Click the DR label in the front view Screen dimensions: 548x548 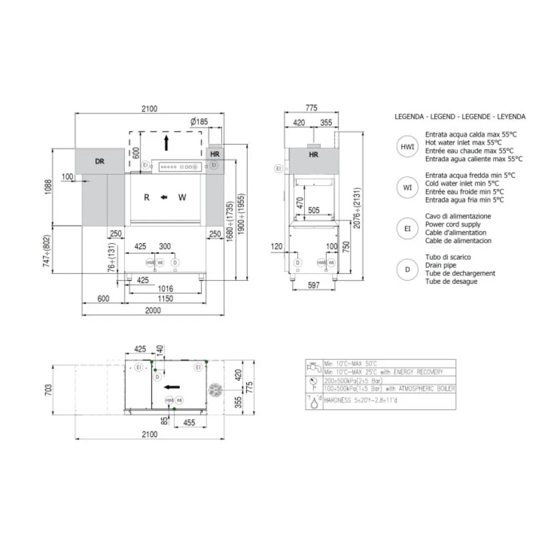tap(99, 162)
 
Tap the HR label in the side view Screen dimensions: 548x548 tap(314, 155)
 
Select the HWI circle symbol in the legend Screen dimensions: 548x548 tap(407, 147)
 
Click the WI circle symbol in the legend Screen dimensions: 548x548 tap(407, 187)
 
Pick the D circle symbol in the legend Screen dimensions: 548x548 tap(407, 269)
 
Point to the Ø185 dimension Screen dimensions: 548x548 tap(199, 122)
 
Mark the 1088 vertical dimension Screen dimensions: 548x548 tap(48, 187)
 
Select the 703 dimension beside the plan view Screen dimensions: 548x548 tap(48, 390)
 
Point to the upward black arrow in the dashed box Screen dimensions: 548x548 tap(167, 144)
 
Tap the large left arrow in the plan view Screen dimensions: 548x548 tap(172, 386)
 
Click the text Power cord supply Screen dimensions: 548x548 tap(453, 225)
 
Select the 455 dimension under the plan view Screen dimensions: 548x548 tap(189, 422)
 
